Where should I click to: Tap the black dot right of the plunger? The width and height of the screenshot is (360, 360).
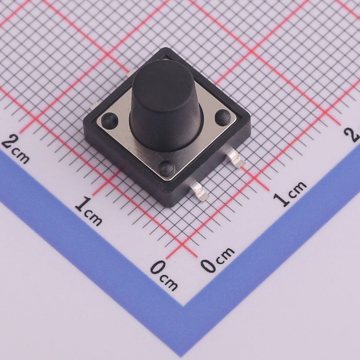tap(223, 117)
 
